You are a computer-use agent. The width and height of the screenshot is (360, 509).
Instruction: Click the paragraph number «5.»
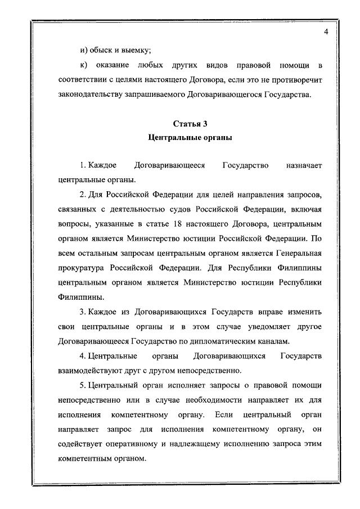coord(83,385)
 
